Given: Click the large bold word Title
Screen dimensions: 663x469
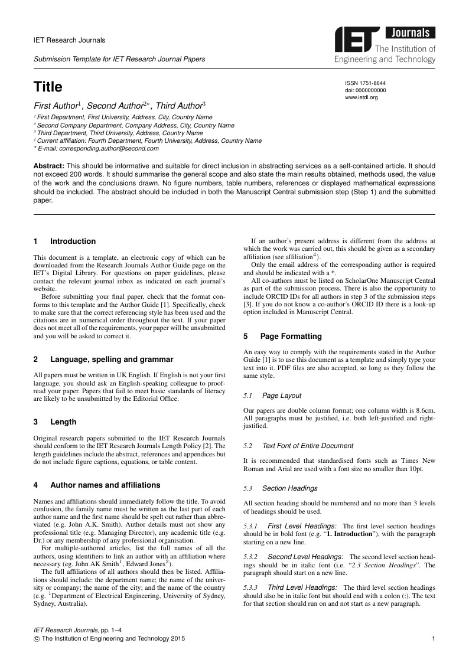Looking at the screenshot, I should [48, 87].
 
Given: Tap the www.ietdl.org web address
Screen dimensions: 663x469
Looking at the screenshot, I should [361, 97].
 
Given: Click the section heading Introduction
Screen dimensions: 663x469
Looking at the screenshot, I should [73, 241].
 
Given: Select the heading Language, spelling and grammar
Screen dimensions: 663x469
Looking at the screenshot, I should [112, 359].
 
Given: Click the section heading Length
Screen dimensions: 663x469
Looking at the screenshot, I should [63, 422].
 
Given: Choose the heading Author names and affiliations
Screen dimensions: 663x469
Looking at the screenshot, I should [105, 485].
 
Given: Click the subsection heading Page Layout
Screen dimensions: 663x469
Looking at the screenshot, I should [282, 396].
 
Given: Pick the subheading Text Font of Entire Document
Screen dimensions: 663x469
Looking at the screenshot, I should [308, 446].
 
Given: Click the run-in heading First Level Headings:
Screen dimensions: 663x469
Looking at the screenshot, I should [302, 525].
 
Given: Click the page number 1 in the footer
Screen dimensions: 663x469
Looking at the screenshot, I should [434, 639].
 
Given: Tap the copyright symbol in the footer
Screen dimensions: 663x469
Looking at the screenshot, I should [37, 639].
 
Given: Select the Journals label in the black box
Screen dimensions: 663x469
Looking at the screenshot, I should [410, 33].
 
